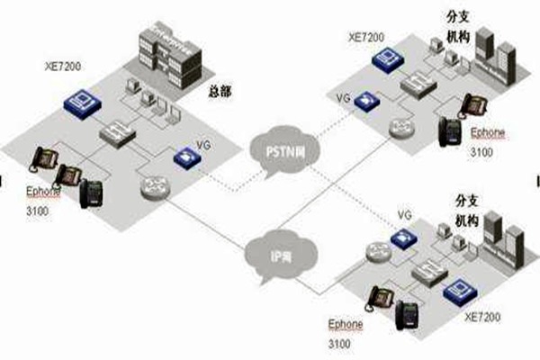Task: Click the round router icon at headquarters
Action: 154,187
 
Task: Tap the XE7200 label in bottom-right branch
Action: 481,317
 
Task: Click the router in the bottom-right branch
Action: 375,253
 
